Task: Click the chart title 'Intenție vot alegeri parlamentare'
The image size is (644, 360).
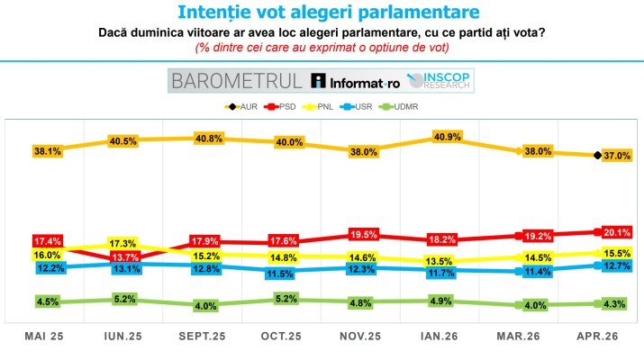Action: tap(322, 13)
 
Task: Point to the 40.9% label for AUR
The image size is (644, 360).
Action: tap(448, 138)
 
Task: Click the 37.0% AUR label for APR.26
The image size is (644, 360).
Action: tap(618, 156)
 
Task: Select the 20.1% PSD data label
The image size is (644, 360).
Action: tap(618, 231)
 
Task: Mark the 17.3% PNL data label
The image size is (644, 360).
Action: tap(122, 244)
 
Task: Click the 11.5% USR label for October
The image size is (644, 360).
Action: tap(285, 274)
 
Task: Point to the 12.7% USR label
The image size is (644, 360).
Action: tap(618, 265)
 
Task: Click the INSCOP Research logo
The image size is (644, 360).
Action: tap(441, 81)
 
